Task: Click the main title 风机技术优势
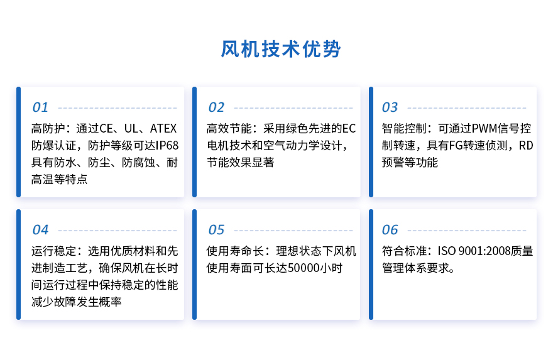(281, 48)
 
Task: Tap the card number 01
(40, 107)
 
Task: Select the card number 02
(216, 107)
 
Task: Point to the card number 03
(390, 107)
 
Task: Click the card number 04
(40, 230)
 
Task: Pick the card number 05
(216, 230)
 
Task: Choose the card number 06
(390, 230)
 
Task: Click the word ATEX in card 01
(163, 128)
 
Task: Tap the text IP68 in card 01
(167, 145)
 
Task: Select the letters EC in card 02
(349, 128)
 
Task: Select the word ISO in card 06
(446, 251)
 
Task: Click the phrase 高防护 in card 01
(48, 128)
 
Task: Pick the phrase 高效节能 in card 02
(229, 128)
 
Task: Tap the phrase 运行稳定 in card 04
(53, 251)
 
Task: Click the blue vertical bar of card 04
(19, 265)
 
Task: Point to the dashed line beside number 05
(293, 231)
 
